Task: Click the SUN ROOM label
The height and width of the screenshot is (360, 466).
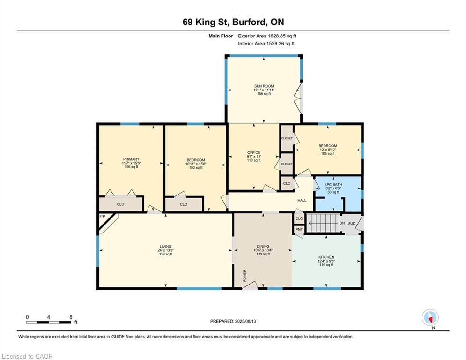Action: tap(264, 86)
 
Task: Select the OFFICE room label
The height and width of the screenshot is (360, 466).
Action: tap(254, 153)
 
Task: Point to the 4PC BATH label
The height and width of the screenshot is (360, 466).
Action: tap(334, 185)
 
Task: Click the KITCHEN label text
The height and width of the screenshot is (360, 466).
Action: tap(326, 257)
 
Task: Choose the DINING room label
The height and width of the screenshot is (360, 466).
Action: tap(263, 246)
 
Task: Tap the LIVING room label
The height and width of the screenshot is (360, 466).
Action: tap(165, 247)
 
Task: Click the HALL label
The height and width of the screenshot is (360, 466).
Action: tap(302, 200)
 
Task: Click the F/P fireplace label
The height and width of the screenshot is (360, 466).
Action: tap(102, 217)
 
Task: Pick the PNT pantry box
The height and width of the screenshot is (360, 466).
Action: tap(299, 229)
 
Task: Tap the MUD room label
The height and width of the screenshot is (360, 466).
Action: tap(351, 223)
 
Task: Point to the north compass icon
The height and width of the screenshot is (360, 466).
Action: tap(429, 318)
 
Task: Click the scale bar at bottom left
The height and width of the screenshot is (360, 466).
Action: tap(49, 322)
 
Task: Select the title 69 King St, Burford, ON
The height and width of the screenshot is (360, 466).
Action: tap(233, 22)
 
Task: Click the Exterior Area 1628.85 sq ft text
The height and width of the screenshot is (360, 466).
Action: tap(267, 36)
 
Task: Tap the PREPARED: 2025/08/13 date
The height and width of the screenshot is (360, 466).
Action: tap(233, 321)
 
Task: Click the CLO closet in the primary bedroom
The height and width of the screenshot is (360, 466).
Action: tap(120, 204)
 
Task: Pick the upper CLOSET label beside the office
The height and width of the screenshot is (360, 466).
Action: tap(287, 138)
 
